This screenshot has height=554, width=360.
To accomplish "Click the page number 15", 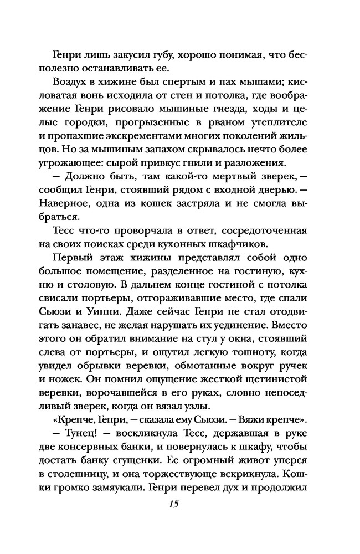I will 179,504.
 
